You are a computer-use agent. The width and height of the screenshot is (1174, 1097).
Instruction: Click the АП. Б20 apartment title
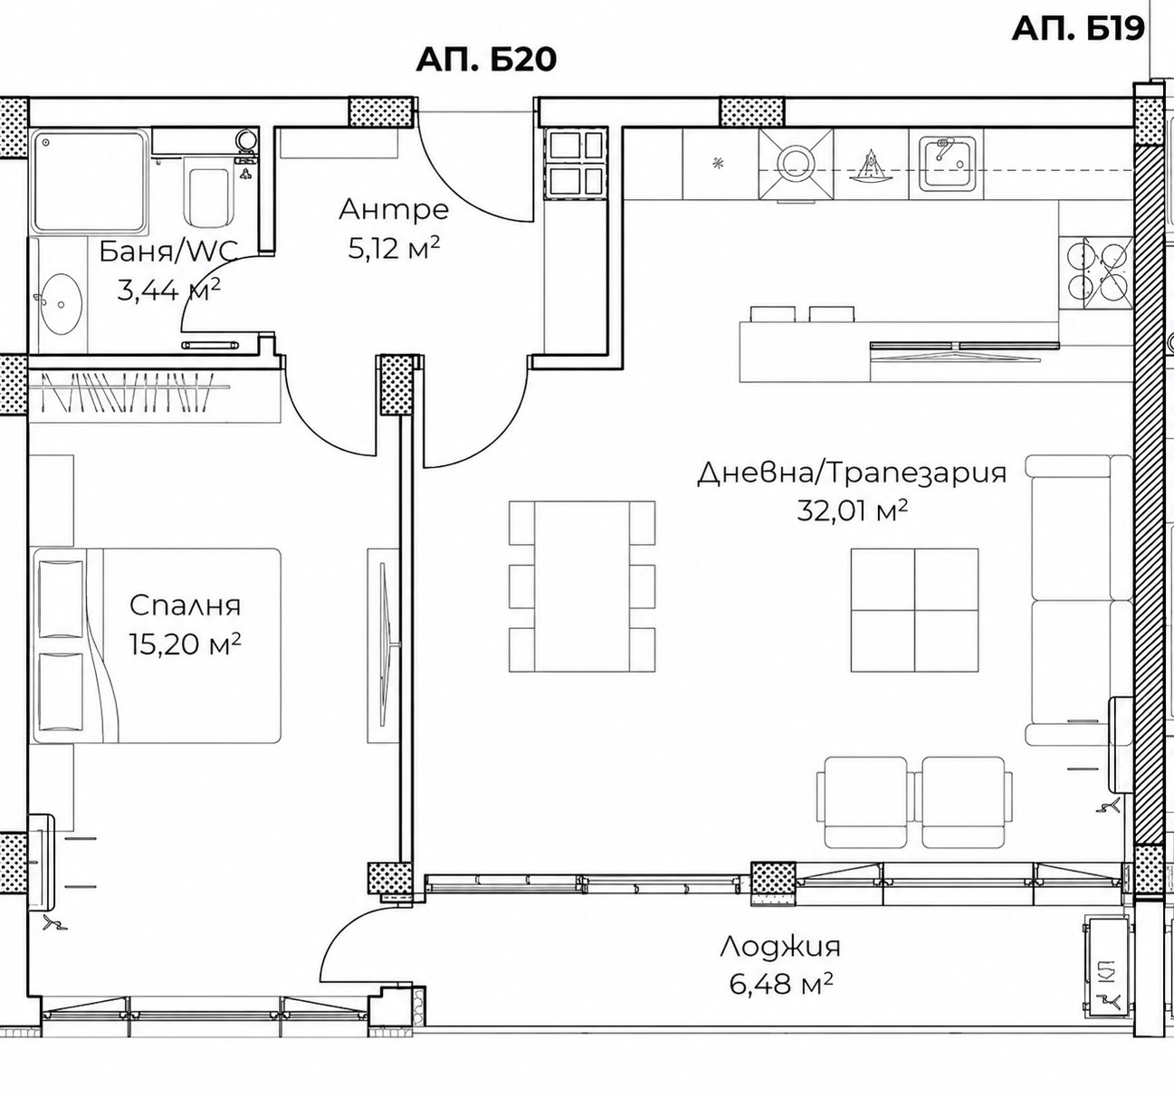(486, 60)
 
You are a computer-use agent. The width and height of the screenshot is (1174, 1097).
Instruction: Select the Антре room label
(394, 210)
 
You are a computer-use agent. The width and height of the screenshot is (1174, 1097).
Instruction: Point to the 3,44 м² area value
(168, 290)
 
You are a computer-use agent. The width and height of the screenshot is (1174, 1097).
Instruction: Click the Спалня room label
(185, 605)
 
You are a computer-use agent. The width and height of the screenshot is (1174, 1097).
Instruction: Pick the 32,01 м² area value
(851, 510)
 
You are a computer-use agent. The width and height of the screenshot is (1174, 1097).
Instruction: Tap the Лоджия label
(779, 947)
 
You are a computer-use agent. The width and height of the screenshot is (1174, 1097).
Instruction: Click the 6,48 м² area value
(780, 984)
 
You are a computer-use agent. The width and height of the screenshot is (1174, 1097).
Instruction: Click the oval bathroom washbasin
(61, 304)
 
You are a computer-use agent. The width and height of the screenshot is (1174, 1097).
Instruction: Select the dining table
(582, 586)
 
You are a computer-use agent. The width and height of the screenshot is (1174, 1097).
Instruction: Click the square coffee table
(914, 610)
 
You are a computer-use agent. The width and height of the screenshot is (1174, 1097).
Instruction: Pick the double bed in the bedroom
(157, 645)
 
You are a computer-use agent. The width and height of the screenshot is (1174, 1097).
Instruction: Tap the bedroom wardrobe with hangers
(154, 396)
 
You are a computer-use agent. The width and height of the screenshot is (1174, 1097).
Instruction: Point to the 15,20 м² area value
(185, 644)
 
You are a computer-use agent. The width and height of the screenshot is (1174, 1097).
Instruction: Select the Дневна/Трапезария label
(852, 473)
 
